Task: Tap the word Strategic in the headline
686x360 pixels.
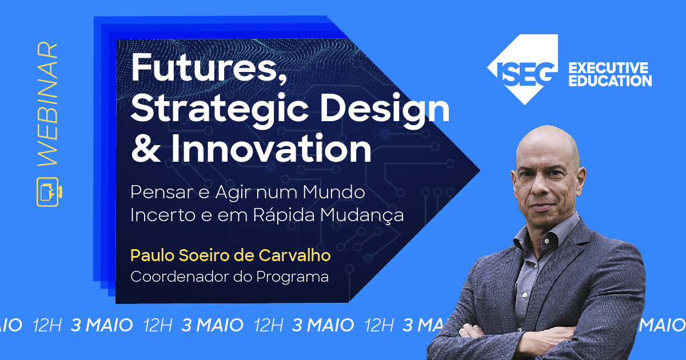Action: (x=220, y=109)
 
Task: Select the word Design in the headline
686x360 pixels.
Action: (x=385, y=109)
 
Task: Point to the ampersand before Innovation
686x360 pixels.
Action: (x=145, y=149)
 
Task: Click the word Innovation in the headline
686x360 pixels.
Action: (x=271, y=149)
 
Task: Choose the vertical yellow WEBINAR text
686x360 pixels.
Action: (x=48, y=104)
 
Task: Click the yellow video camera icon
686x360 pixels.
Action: (x=49, y=192)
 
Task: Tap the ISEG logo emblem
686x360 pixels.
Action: (x=523, y=70)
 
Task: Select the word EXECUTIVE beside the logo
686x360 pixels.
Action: (x=608, y=68)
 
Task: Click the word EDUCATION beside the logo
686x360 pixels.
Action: (x=611, y=81)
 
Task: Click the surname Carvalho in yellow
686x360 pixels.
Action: (x=294, y=255)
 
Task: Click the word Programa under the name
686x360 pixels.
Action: (x=293, y=277)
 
